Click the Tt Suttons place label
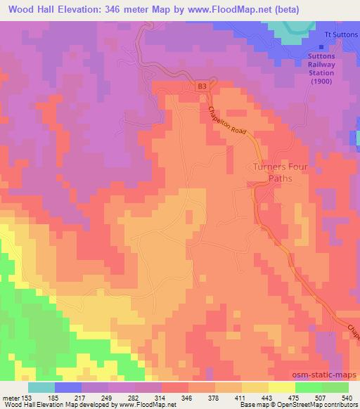coord(340,34)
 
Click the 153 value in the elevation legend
coord(28,397)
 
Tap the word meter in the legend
coord(11,397)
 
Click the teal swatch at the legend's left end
coord(41,387)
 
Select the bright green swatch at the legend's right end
coord(335,387)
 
